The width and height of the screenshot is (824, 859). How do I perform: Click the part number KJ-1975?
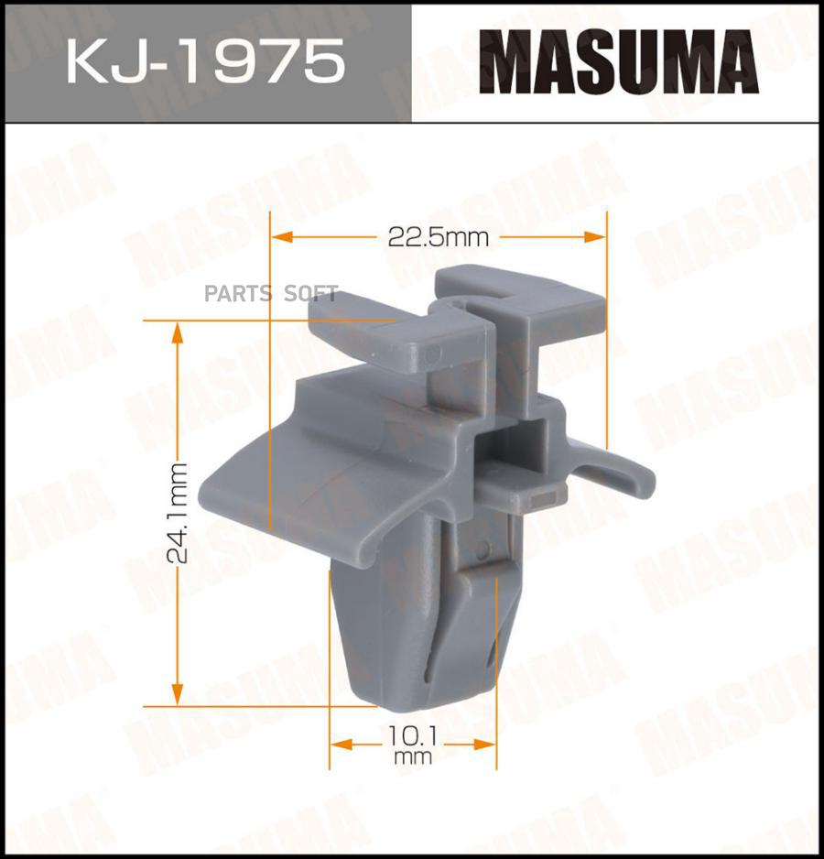click(x=204, y=63)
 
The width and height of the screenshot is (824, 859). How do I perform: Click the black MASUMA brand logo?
click(x=619, y=63)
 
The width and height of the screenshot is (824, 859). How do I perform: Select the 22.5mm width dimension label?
click(x=439, y=237)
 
